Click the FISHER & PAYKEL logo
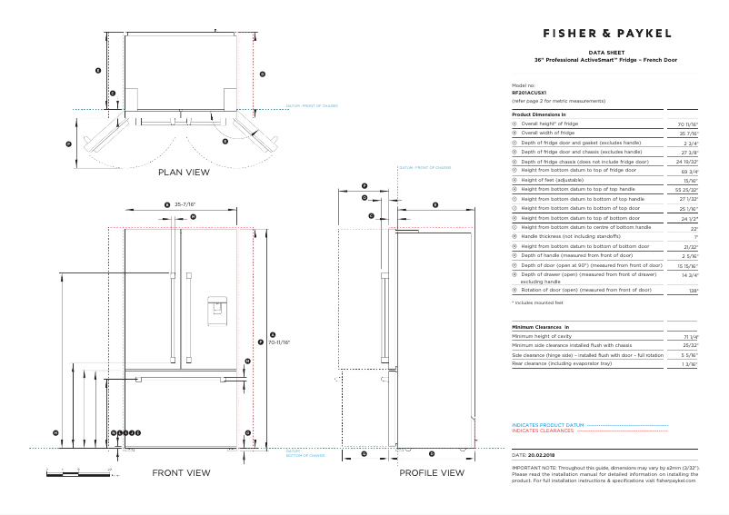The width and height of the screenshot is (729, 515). (x=606, y=33)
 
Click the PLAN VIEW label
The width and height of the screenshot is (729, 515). (x=184, y=172)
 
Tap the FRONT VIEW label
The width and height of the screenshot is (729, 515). (x=181, y=472)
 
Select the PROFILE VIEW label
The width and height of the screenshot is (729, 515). (x=432, y=472)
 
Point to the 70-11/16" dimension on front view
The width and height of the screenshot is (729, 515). (x=279, y=342)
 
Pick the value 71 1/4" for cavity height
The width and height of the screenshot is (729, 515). (x=690, y=337)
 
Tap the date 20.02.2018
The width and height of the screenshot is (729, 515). (x=544, y=453)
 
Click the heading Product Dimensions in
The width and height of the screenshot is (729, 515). (x=538, y=114)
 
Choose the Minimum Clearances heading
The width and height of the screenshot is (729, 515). (x=540, y=326)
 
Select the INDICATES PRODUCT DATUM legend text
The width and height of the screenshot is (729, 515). (x=547, y=424)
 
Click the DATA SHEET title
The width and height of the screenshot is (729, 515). (x=605, y=54)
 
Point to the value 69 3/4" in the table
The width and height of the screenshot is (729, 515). (x=689, y=171)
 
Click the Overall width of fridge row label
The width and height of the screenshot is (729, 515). (x=548, y=133)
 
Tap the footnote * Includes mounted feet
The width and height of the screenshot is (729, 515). (x=537, y=302)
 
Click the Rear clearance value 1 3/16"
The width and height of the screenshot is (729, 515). (x=690, y=363)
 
